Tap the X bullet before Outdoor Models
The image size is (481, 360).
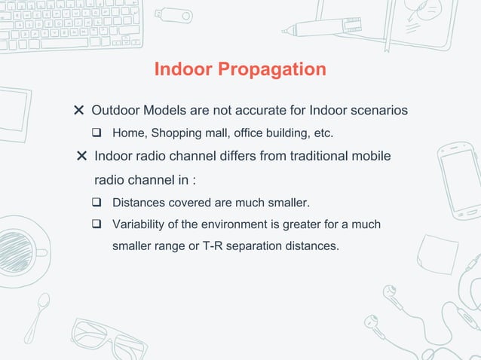tap(78, 111)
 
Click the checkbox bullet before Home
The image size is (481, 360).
tap(97, 134)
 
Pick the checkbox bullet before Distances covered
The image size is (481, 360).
tap(97, 203)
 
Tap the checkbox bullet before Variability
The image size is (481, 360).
tap(97, 224)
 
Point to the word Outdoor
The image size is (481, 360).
tap(116, 111)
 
